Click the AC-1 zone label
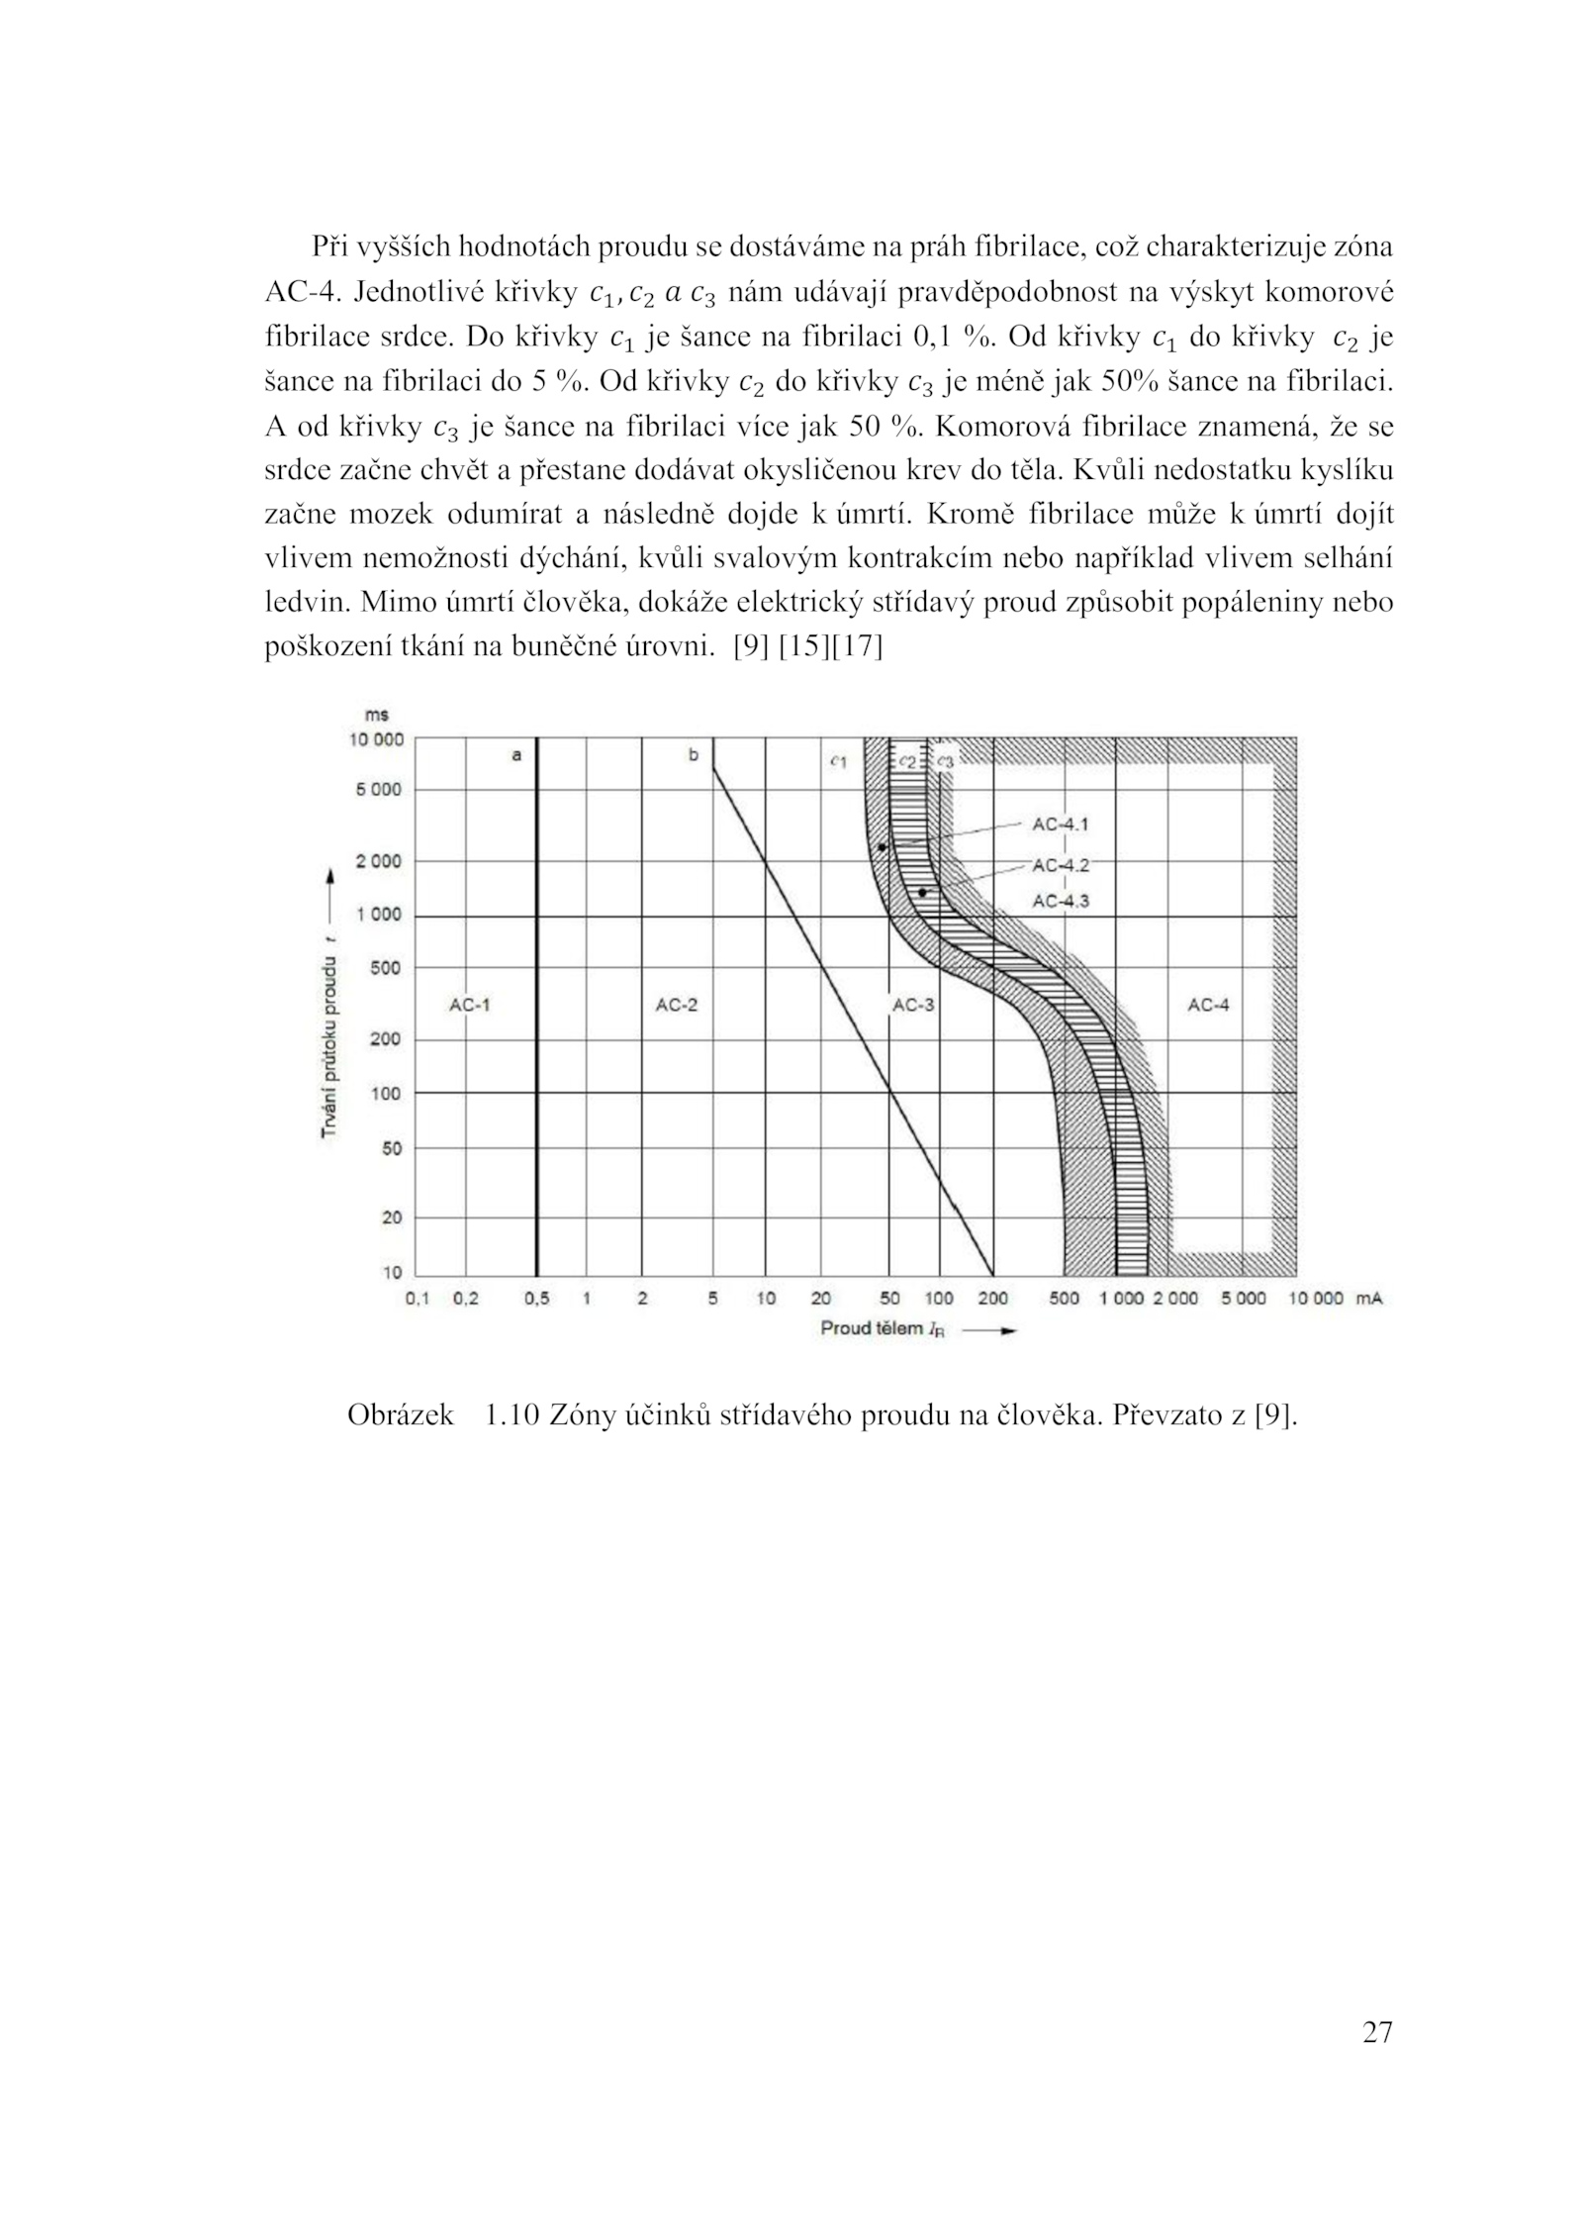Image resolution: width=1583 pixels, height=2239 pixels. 469,1005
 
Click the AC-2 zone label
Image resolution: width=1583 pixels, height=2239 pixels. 676,1005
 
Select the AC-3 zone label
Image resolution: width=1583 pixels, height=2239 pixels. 913,1005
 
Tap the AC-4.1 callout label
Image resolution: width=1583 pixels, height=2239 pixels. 1060,824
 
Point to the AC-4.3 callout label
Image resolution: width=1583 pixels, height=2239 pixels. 1060,901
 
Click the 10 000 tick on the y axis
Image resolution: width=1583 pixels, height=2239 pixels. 376,739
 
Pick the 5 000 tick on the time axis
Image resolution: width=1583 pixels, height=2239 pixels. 381,790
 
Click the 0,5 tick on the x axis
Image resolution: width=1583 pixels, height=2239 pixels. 536,1299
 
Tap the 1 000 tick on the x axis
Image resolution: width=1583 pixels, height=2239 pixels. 1121,1299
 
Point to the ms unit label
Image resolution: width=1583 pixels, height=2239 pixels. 376,715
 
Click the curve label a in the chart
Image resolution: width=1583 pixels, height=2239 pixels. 515,755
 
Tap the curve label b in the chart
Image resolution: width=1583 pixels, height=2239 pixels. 693,755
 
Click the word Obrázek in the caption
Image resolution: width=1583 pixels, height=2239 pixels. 400,1416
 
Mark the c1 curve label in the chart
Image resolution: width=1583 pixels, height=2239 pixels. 838,761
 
